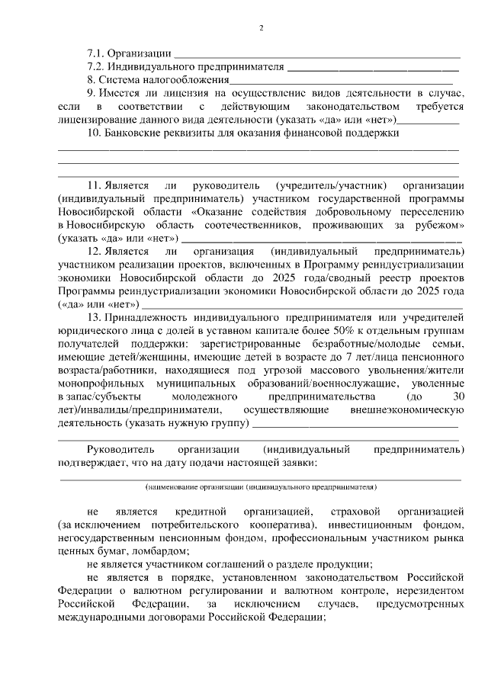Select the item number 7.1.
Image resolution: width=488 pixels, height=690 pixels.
point(95,53)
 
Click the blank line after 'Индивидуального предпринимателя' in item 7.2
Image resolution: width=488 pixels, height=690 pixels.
point(373,66)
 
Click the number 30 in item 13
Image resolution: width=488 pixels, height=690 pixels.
point(457,396)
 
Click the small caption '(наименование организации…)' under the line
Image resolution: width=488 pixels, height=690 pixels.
point(261,486)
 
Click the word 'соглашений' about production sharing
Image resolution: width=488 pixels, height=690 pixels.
point(228,564)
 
